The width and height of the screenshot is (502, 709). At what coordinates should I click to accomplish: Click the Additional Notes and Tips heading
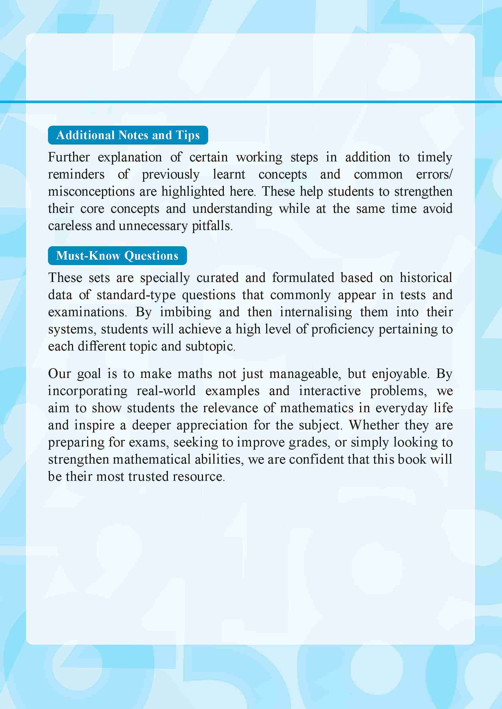128,135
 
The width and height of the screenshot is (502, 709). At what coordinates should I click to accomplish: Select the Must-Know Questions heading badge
117,256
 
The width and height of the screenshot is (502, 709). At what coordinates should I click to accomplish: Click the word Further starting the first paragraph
69,157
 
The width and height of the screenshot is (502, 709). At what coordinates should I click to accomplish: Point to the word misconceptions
91,192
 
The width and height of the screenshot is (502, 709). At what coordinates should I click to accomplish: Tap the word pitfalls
212,226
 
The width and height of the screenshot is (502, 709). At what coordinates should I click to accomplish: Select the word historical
426,278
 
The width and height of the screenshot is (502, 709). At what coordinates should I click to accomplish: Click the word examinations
87,312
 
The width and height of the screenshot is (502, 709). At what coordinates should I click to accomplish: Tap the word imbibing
186,312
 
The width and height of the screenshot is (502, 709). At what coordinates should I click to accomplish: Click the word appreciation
212,425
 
